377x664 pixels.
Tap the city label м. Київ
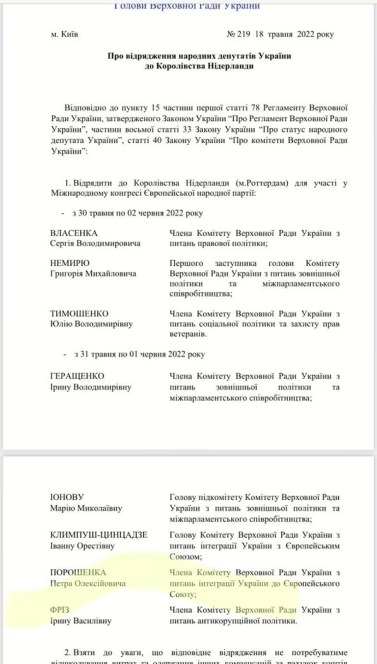(x=64, y=34)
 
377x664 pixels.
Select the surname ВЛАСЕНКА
(x=74, y=233)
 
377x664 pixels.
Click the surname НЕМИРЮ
(x=70, y=263)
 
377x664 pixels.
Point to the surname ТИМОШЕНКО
(x=79, y=313)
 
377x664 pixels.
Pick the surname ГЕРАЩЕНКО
(x=77, y=376)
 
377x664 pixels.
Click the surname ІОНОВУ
(x=67, y=497)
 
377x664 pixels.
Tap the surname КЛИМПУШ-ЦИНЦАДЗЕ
(x=98, y=534)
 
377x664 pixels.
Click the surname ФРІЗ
(x=60, y=610)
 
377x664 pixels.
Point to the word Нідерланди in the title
(x=227, y=67)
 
